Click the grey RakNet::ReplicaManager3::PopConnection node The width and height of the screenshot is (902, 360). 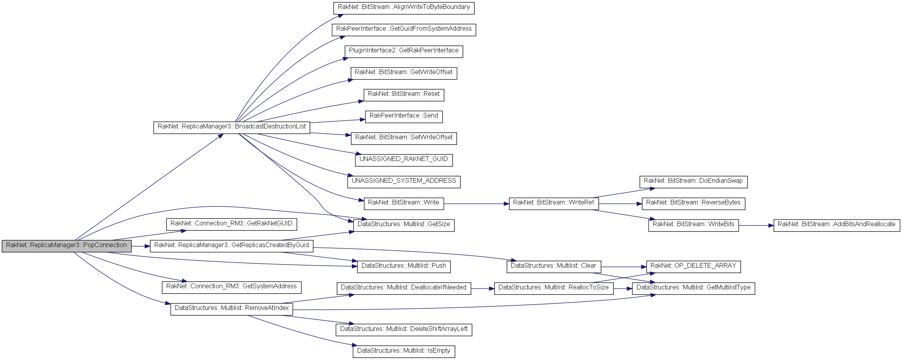(x=66, y=246)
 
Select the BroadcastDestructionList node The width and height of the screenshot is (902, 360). (x=232, y=127)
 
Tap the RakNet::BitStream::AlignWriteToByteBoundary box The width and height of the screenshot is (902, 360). (x=403, y=7)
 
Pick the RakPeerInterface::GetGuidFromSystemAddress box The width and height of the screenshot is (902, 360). (x=403, y=29)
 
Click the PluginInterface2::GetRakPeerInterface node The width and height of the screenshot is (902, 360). (x=403, y=51)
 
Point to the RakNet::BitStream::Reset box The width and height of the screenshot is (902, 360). (x=403, y=94)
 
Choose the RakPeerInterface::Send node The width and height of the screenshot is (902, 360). (x=403, y=116)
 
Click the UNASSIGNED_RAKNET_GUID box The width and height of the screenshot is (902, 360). (x=403, y=159)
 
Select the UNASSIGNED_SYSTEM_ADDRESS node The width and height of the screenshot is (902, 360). (x=403, y=181)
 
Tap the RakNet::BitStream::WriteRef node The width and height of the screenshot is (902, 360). (x=554, y=203)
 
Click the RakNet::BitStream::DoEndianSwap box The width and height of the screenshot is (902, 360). (x=693, y=181)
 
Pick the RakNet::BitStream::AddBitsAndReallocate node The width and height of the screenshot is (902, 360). (x=836, y=225)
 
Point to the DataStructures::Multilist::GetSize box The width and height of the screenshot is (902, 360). (x=403, y=225)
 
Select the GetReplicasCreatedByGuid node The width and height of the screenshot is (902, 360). (x=231, y=246)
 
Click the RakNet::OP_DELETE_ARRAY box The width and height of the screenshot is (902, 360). (x=693, y=266)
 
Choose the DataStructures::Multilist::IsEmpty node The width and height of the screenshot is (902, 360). (x=403, y=351)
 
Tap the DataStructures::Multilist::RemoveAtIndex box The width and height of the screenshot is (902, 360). (x=232, y=308)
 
